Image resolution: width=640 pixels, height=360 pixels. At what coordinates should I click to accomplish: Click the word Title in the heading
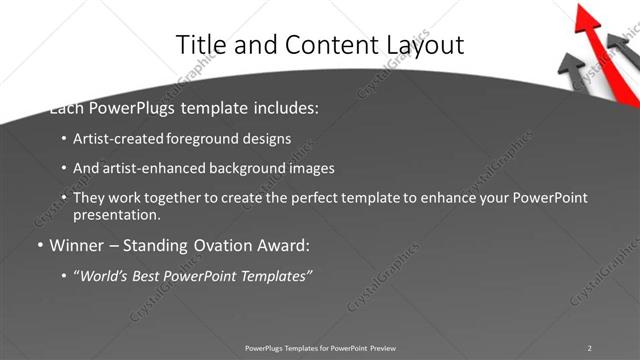pos(201,45)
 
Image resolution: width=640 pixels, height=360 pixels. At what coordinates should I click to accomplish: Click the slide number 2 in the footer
pos(589,347)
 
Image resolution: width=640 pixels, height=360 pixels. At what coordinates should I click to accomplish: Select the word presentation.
pos(116,214)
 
